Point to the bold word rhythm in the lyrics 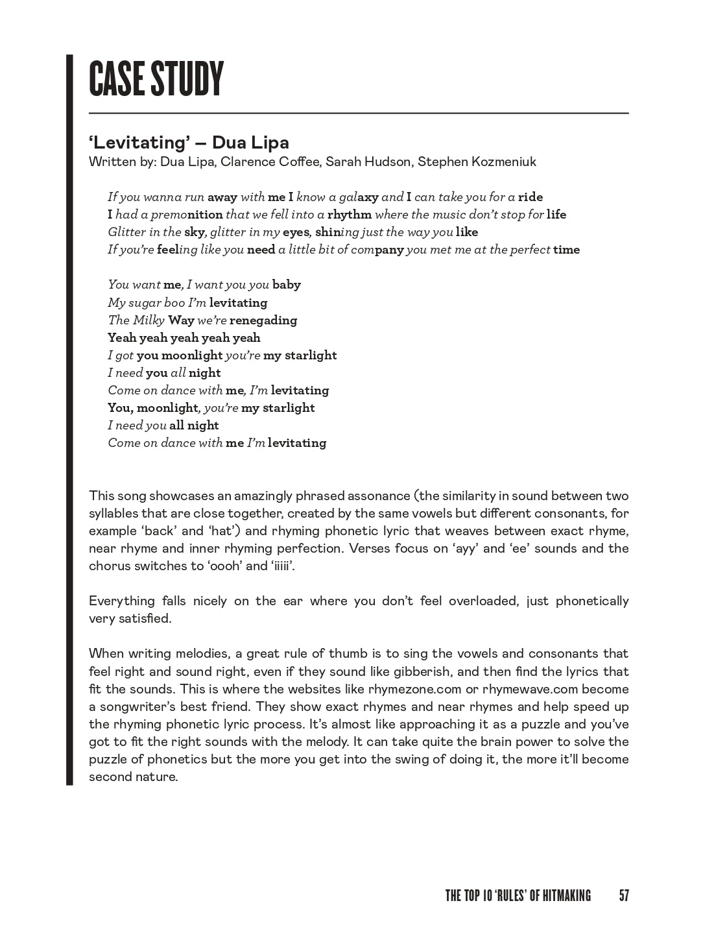click(x=350, y=215)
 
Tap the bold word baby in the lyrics click(x=286, y=285)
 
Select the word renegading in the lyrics click(x=263, y=320)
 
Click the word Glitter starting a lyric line click(x=126, y=232)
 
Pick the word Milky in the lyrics click(x=149, y=320)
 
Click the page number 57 click(x=624, y=896)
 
